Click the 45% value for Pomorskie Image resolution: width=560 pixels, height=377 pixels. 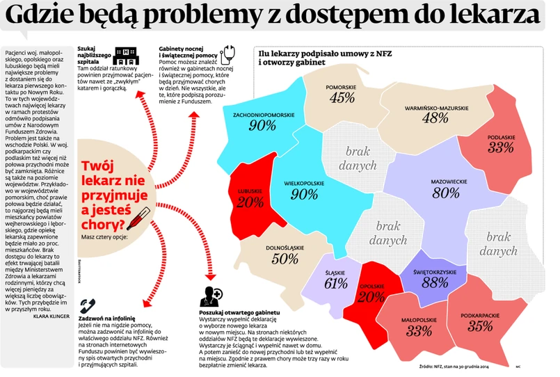point(342,99)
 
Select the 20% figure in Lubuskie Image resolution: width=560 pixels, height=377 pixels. point(249,202)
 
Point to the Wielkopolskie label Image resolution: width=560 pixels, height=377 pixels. point(305,183)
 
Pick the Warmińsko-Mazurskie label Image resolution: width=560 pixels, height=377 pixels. point(436,108)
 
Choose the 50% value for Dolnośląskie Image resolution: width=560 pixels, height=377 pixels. point(285,258)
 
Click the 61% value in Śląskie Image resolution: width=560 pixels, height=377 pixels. point(335,283)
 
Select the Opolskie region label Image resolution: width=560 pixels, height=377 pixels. point(372,287)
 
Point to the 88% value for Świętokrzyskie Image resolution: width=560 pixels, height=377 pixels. point(425,282)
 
